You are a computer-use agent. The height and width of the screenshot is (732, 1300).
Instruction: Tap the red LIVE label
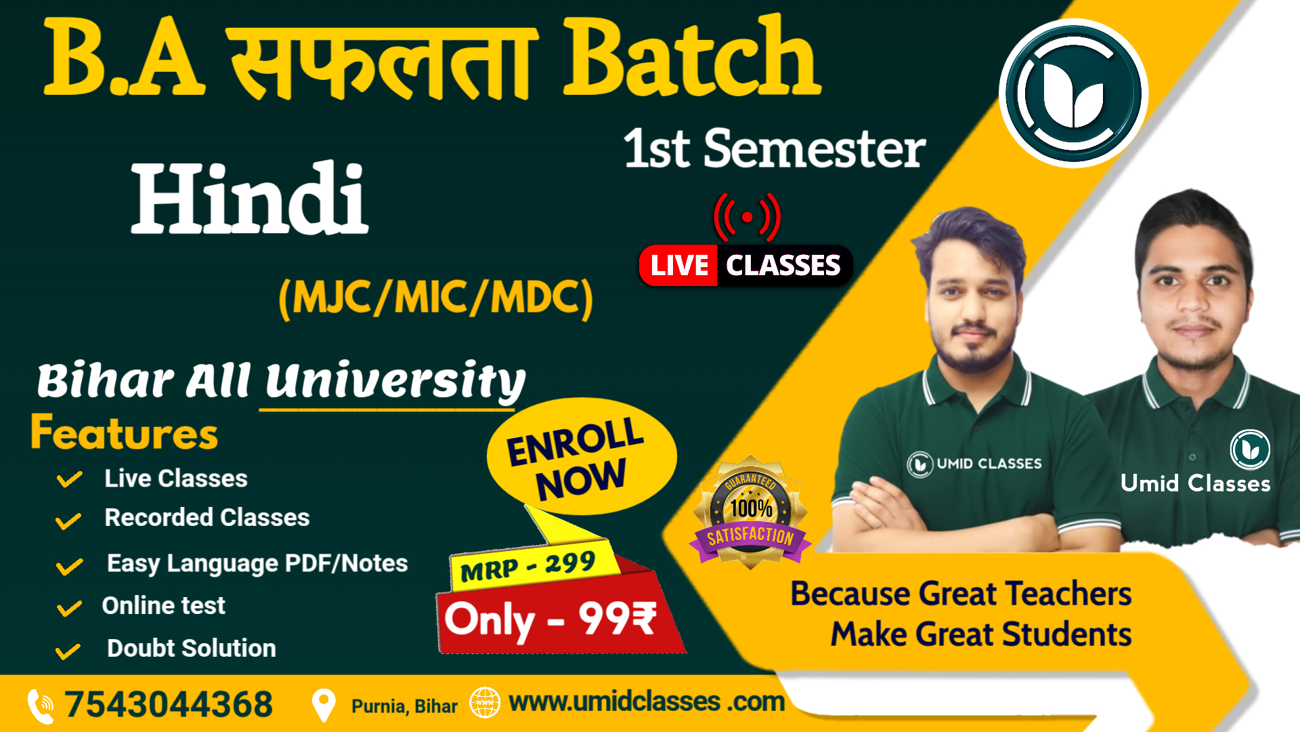pos(678,265)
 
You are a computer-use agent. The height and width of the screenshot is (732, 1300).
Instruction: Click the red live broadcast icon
pos(747,218)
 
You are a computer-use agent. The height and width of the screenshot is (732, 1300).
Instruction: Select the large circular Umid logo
pos(1073,94)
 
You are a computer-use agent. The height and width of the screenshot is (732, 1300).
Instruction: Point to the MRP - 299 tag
pos(528,565)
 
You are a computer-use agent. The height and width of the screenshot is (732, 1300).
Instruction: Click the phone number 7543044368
pos(168,704)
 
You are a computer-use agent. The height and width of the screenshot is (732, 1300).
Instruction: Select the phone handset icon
pos(41,706)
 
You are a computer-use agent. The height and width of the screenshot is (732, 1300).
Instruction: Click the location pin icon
pos(324,705)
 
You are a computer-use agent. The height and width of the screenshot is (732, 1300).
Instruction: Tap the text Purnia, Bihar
pos(404,706)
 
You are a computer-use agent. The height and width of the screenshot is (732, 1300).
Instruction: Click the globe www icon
pos(485,703)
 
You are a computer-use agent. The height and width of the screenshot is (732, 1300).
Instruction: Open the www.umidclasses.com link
pos(647,702)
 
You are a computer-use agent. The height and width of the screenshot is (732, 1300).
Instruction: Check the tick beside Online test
pos(69,608)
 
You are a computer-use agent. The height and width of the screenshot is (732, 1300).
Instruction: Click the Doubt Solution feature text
pos(192,648)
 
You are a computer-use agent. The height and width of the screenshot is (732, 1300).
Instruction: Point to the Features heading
pos(125,433)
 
